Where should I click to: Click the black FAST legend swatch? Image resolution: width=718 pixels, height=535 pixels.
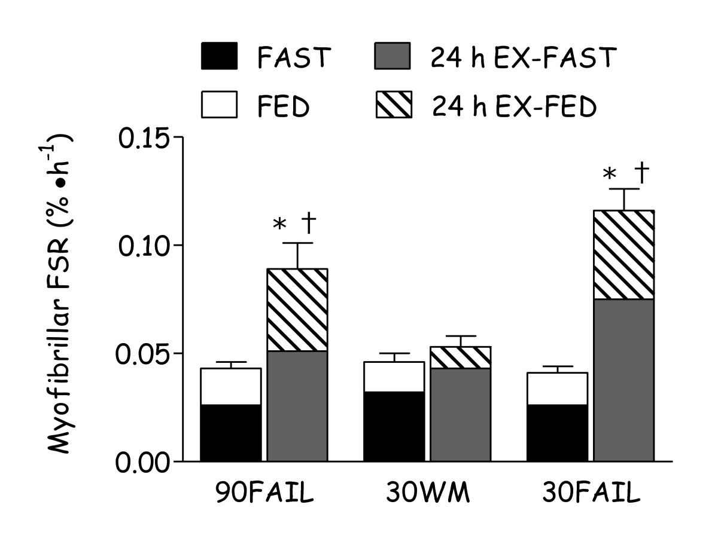(x=219, y=57)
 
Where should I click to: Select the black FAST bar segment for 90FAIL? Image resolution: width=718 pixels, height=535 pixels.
(x=230, y=433)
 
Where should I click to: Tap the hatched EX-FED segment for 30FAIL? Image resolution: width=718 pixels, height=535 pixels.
(x=624, y=255)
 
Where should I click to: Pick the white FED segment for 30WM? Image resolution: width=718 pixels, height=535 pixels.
(x=394, y=377)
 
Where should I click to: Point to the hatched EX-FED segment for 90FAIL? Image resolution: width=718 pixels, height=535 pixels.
(x=297, y=310)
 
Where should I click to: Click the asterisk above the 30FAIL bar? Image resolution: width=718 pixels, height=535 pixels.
(x=609, y=175)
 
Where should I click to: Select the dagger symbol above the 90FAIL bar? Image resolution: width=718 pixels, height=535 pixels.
(x=310, y=225)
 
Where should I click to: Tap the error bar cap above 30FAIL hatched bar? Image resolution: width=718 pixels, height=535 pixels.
(x=624, y=189)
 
